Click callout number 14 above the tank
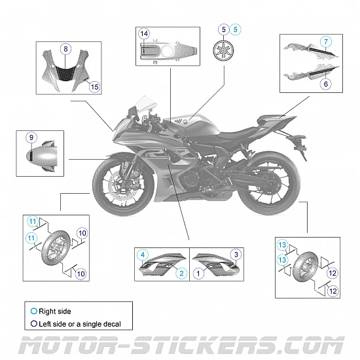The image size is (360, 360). point(144,33)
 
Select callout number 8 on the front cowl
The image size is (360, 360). point(65,48)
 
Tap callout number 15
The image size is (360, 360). point(94,86)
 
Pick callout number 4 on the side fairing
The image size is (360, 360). point(143,253)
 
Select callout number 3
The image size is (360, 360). point(236,253)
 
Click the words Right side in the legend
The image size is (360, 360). point(55,312)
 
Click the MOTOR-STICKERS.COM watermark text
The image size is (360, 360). point(180,345)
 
